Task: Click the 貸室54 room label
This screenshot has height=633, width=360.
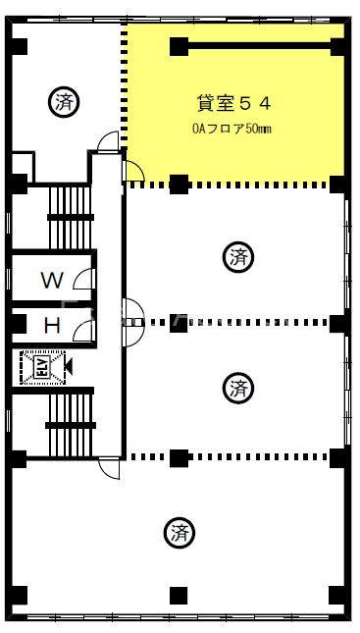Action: point(233,104)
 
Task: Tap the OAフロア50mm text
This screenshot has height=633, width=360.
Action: point(231,129)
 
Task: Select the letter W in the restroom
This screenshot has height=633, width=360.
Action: point(52,280)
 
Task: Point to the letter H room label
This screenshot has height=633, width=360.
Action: point(52,326)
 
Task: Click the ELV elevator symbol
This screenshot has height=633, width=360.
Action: point(42,367)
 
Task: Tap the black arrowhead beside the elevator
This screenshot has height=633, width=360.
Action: point(69,367)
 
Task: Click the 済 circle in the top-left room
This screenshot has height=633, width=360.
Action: point(64,102)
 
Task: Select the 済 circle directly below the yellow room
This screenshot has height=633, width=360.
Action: point(238,257)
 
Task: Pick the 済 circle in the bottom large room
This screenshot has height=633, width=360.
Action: point(180,533)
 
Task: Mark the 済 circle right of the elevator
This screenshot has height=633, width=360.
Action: point(238,389)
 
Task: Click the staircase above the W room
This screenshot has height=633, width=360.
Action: point(71,217)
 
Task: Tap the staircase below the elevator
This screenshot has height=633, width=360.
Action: point(71,425)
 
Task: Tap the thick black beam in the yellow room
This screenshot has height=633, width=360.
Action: point(259,46)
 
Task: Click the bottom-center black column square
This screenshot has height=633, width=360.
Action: point(179,596)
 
